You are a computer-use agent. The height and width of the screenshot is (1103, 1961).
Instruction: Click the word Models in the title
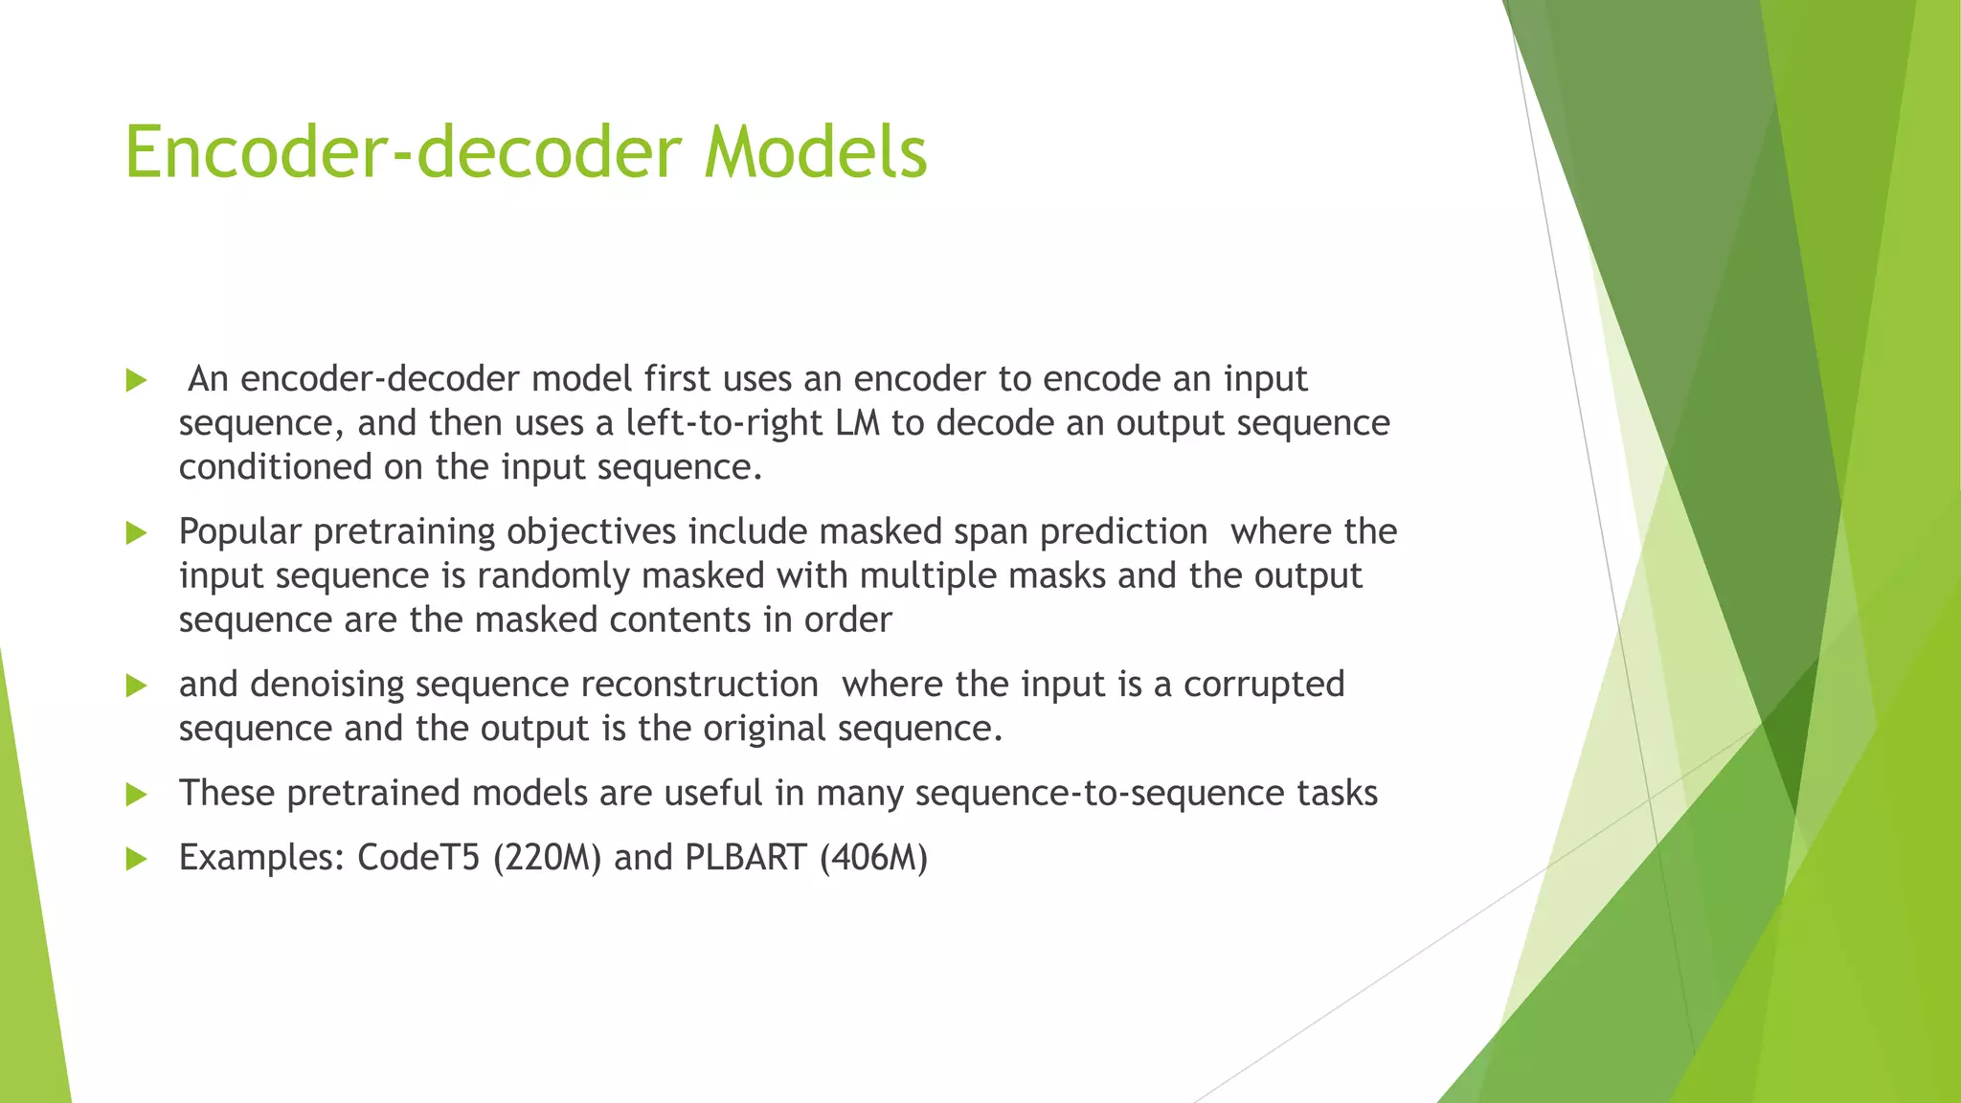(x=816, y=152)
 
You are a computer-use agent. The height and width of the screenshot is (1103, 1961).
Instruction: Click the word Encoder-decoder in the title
(x=403, y=152)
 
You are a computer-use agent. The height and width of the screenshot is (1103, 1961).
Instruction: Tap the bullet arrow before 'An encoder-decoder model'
(x=136, y=380)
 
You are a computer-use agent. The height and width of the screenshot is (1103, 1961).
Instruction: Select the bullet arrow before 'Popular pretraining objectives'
(x=136, y=532)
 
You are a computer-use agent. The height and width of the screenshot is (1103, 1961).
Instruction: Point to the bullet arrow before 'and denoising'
(x=136, y=686)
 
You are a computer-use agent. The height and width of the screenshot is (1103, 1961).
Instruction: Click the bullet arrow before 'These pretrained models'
(x=136, y=794)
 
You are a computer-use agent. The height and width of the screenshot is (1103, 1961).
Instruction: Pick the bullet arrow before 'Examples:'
(x=136, y=859)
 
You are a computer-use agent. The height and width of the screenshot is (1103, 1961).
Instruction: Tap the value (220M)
(x=547, y=857)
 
